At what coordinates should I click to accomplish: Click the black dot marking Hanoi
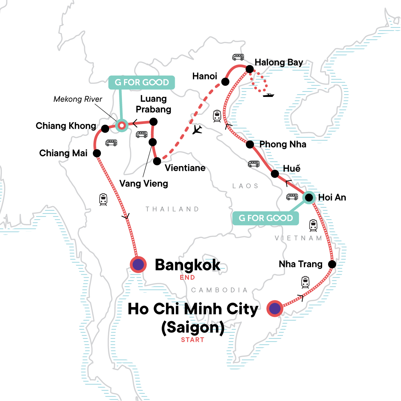(226, 82)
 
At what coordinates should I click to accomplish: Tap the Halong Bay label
(279, 62)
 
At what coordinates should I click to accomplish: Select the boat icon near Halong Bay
(268, 95)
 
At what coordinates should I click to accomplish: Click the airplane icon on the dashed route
(197, 129)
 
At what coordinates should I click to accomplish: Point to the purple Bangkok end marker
(138, 265)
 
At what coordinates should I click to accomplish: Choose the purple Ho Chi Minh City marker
(275, 308)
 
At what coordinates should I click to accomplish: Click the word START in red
(192, 340)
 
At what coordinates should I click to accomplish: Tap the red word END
(187, 277)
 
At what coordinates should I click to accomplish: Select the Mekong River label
(78, 99)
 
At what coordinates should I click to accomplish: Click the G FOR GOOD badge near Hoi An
(266, 218)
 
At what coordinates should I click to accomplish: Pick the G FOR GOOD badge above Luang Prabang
(142, 82)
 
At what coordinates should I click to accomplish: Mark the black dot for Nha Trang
(332, 264)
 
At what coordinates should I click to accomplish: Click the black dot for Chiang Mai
(97, 153)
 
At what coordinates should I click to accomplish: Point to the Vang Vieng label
(144, 183)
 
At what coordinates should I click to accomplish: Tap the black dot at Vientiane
(157, 161)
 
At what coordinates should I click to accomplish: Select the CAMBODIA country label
(219, 290)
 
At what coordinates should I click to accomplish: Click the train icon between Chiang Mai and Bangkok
(103, 199)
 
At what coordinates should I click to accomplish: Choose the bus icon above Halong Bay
(238, 57)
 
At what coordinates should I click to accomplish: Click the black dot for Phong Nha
(250, 144)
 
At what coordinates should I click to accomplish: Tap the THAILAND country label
(172, 209)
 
